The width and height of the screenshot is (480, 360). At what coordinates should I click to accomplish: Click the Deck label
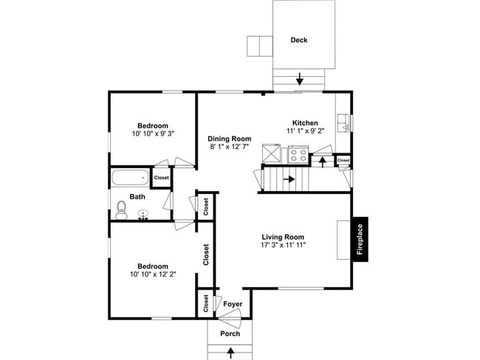click(298, 40)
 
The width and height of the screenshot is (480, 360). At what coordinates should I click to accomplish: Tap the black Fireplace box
click(360, 240)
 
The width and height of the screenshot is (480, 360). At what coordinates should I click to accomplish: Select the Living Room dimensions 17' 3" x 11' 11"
click(284, 245)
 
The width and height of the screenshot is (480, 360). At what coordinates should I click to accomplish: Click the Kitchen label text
click(305, 123)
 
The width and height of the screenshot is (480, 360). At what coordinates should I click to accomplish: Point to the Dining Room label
click(229, 139)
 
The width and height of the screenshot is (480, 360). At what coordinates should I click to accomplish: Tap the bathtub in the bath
click(129, 178)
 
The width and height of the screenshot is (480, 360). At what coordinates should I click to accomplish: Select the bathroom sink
click(144, 215)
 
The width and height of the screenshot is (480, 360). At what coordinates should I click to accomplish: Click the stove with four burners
click(297, 155)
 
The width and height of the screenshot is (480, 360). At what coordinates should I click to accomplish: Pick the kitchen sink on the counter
click(343, 120)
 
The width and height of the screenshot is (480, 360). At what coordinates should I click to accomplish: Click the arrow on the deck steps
click(299, 78)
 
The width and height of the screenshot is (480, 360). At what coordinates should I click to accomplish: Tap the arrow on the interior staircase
click(289, 179)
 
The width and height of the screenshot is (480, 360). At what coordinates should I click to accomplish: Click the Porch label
click(230, 333)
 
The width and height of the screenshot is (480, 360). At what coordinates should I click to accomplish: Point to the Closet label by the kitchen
click(343, 160)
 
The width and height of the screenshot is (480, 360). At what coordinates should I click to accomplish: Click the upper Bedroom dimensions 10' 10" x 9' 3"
click(153, 134)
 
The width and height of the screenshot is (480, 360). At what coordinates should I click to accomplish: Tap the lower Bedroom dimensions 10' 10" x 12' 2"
click(152, 275)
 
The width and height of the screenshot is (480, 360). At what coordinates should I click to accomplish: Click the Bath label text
click(137, 197)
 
